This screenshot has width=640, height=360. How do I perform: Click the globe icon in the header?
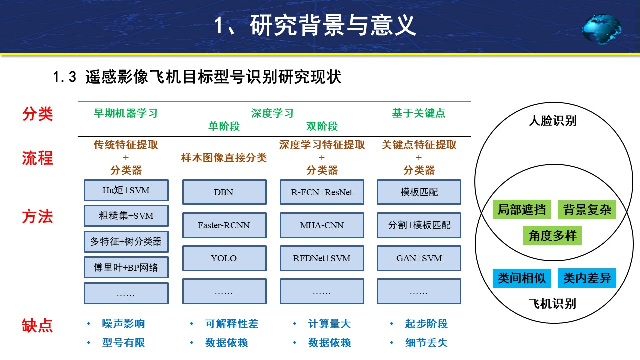pos(601,29)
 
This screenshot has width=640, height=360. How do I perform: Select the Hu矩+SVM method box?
pos(126,190)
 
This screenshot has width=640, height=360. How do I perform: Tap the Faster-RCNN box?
pos(224,225)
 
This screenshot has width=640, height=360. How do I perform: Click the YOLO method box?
pos(224,258)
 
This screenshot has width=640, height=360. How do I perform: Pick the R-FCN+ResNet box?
pos(322,192)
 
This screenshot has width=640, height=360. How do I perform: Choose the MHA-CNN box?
pos(322,225)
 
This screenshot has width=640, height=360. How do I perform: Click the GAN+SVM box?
pos(419,258)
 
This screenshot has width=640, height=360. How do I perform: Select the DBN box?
pos(224,192)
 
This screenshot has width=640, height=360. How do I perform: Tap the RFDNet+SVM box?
pos(322,258)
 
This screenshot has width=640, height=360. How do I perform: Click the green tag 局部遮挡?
pos(522,209)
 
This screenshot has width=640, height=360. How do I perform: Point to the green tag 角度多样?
pos(552,236)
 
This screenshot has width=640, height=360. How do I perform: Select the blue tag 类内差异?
pos(587,278)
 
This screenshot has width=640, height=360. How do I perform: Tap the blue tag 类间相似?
pos(522,278)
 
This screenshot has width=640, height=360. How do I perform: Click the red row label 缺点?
pos(37,325)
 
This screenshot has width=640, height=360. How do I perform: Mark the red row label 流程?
pos(37,158)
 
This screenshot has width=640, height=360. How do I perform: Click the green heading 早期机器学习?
pos(126,113)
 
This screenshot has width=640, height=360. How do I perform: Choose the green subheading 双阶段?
pos(322,126)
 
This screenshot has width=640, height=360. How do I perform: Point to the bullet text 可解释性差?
pos(232,324)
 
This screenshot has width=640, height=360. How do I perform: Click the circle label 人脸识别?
pos(553,121)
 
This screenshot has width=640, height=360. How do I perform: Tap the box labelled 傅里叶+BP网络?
pos(126,267)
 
